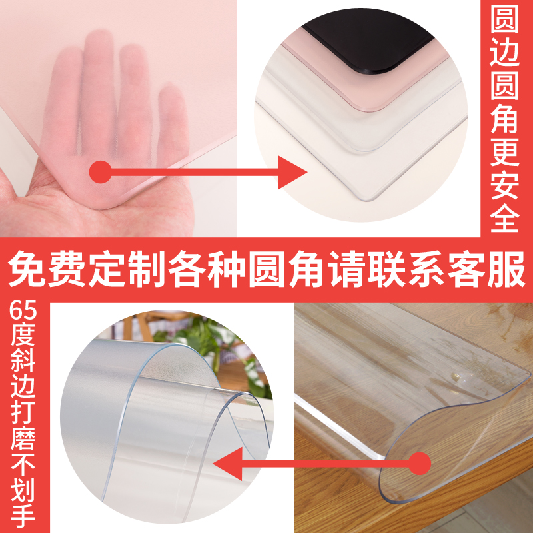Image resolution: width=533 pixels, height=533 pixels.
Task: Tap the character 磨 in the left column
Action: (23, 443)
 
